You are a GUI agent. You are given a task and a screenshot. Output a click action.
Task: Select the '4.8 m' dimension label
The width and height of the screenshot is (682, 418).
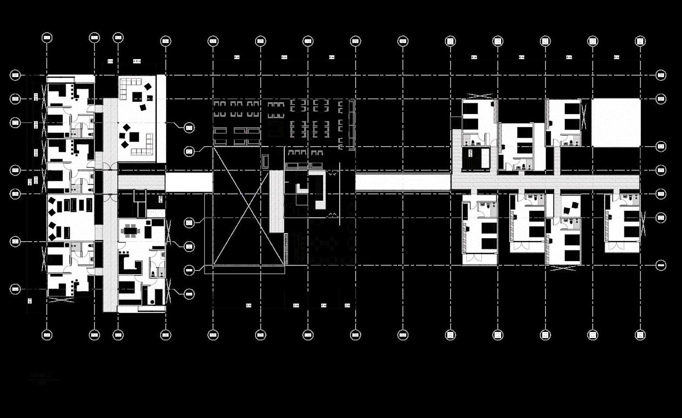[x=137, y=61]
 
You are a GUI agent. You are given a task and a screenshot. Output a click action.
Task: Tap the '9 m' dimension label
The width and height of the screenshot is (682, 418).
[x=248, y=305]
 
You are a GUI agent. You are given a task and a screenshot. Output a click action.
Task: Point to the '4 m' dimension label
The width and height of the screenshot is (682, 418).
[x=324, y=305]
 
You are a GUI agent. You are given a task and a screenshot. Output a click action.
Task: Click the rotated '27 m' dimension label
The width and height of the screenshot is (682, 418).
[x=29, y=181]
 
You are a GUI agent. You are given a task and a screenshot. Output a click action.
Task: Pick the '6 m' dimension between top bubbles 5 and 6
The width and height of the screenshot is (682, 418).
[x=237, y=57]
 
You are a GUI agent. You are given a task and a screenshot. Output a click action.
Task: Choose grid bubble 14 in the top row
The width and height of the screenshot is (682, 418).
[x=640, y=41]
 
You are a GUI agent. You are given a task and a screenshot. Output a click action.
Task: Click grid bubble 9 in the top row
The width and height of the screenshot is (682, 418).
[x=403, y=41]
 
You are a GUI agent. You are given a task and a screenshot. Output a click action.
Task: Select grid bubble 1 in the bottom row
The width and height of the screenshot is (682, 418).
[x=47, y=335]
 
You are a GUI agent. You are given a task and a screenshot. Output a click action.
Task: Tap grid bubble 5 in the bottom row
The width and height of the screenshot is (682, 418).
[x=213, y=335]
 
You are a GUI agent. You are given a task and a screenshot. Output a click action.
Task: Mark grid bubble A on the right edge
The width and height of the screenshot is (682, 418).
[x=661, y=75]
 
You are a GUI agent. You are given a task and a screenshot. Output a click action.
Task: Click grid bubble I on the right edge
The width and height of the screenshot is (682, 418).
[x=661, y=265]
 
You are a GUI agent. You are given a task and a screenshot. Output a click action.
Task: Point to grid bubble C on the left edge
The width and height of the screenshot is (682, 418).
[x=15, y=122]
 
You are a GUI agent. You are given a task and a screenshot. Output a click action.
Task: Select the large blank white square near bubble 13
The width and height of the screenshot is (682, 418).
[x=616, y=122]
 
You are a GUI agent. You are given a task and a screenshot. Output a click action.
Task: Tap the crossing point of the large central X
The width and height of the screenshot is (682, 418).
[x=249, y=206]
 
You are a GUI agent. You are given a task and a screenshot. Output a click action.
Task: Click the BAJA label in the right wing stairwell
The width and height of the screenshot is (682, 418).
[x=470, y=152]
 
